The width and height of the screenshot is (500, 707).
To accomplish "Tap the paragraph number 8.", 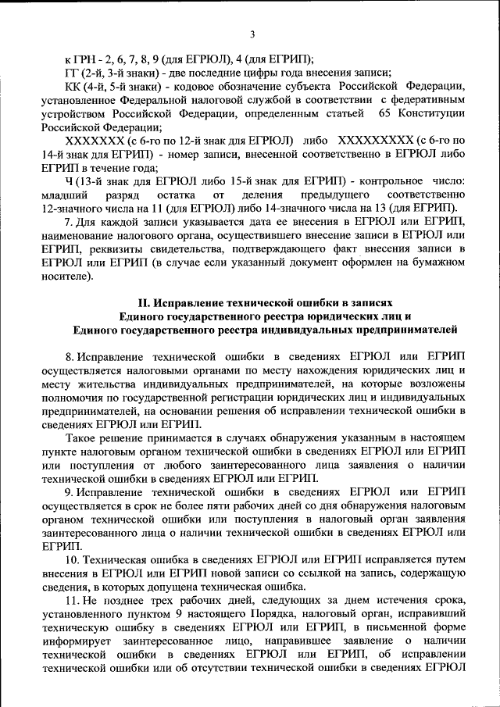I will pos(70,355).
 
